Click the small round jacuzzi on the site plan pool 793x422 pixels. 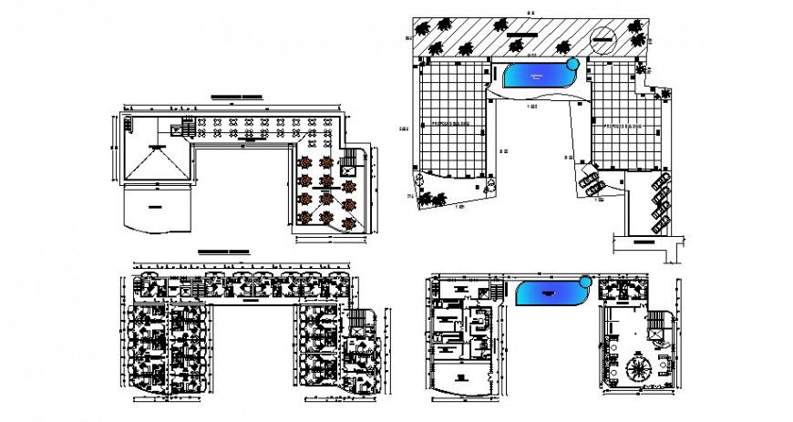[x=573, y=64]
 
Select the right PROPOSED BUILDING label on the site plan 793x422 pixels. [x=621, y=126]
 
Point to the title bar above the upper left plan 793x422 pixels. [x=235, y=95]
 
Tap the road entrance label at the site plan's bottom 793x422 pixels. [x=646, y=243]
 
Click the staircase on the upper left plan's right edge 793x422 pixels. [x=350, y=163]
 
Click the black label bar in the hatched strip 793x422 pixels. [x=523, y=36]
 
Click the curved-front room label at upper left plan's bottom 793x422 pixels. [x=155, y=207]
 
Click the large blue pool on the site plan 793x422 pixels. [x=538, y=75]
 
